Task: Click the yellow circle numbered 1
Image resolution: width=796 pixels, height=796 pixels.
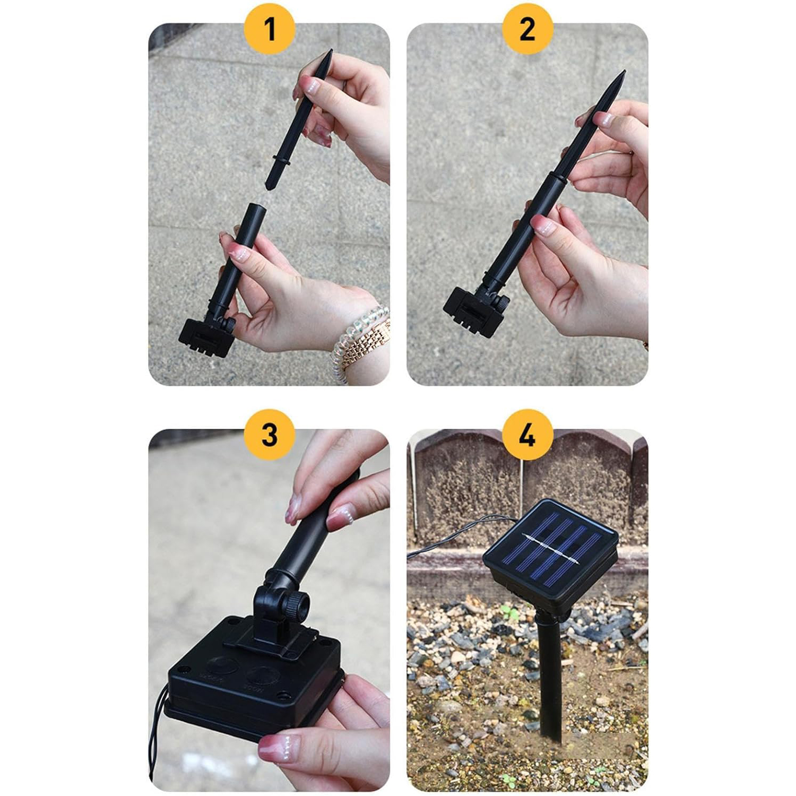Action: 270,29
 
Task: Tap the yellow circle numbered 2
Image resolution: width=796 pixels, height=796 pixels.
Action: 527,29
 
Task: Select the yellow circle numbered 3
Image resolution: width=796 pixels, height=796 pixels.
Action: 270,435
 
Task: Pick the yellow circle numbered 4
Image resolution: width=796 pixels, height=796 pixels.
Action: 527,435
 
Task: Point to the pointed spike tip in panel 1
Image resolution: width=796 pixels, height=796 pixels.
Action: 331,51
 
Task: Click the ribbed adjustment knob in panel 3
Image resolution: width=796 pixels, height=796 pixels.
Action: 296,604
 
